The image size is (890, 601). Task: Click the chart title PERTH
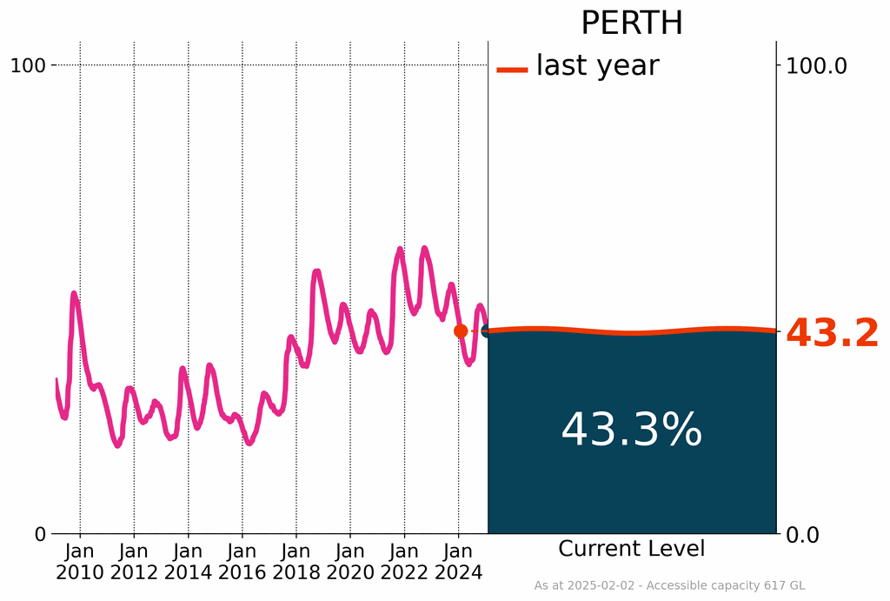(632, 23)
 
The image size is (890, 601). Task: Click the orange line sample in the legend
(512, 70)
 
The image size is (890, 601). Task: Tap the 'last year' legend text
(597, 66)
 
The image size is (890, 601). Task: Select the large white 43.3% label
(631, 430)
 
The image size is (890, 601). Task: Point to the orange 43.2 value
(832, 334)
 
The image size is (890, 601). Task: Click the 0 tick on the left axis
(40, 534)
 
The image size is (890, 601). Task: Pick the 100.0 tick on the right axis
(816, 65)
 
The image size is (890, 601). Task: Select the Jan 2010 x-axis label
(80, 562)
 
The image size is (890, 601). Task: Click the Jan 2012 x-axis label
(134, 562)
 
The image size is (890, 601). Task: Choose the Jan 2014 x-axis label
(188, 562)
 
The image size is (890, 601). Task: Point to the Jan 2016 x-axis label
(242, 562)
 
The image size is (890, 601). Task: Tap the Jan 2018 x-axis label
(296, 562)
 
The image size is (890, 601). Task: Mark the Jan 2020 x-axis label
(350, 562)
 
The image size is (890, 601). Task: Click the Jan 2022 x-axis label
(404, 562)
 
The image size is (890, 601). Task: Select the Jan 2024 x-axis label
(458, 562)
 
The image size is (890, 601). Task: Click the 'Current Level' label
(632, 549)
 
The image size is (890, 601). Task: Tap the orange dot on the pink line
(461, 331)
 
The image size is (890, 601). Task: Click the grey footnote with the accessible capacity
(669, 586)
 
